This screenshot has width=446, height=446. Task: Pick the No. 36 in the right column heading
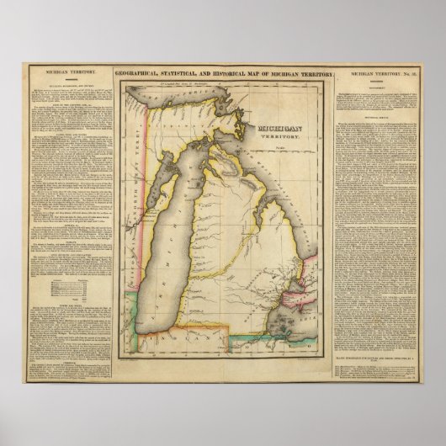(403, 75)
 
